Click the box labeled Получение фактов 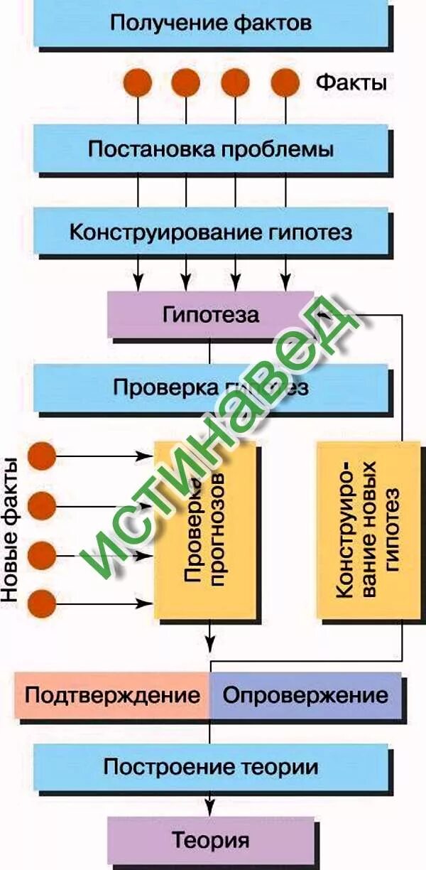tap(211, 23)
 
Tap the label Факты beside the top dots tap(351, 83)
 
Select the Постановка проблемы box tap(211, 149)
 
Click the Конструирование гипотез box tap(211, 232)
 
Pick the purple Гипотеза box tap(211, 313)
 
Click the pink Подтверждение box tap(112, 694)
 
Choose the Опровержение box tap(305, 694)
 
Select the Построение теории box tap(211, 767)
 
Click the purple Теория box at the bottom tap(211, 840)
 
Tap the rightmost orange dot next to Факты tap(285, 82)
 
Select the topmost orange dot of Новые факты tap(42, 456)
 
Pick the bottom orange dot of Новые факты tap(42, 604)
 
